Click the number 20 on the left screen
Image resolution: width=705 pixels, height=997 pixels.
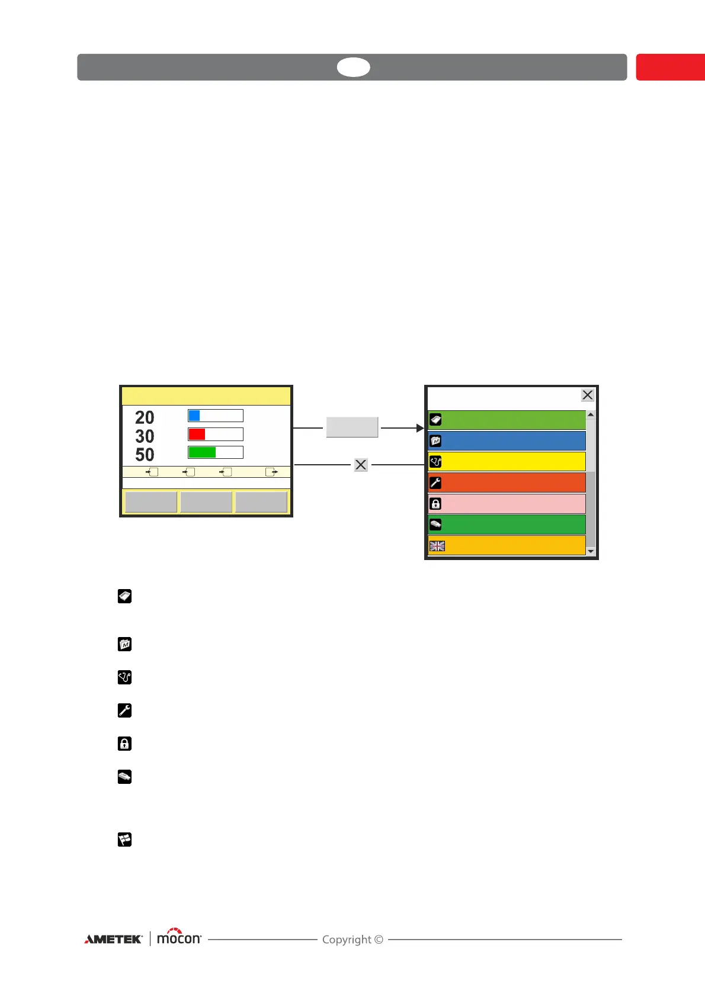coord(145,418)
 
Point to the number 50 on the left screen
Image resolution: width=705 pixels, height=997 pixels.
coord(145,455)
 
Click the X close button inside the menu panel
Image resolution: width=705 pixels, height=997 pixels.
coord(587,395)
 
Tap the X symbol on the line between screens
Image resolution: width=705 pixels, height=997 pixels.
coord(361,465)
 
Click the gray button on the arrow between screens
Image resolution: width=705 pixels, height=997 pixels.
coord(352,427)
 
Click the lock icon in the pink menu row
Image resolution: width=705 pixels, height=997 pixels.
coord(435,504)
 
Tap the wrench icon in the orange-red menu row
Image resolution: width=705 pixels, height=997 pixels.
coord(435,483)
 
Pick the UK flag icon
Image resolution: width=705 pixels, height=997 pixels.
coord(437,546)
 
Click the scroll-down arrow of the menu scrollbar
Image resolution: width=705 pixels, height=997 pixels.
coord(590,551)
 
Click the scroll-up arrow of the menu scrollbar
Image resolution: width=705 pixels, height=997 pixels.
coord(590,414)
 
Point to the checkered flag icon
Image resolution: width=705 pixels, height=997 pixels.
coord(124,840)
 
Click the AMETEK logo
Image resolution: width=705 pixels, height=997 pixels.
coord(113,939)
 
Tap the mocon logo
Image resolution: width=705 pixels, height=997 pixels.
coord(179,938)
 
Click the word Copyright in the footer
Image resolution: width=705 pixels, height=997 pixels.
coord(347,940)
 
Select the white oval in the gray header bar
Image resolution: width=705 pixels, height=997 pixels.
coord(354,67)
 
